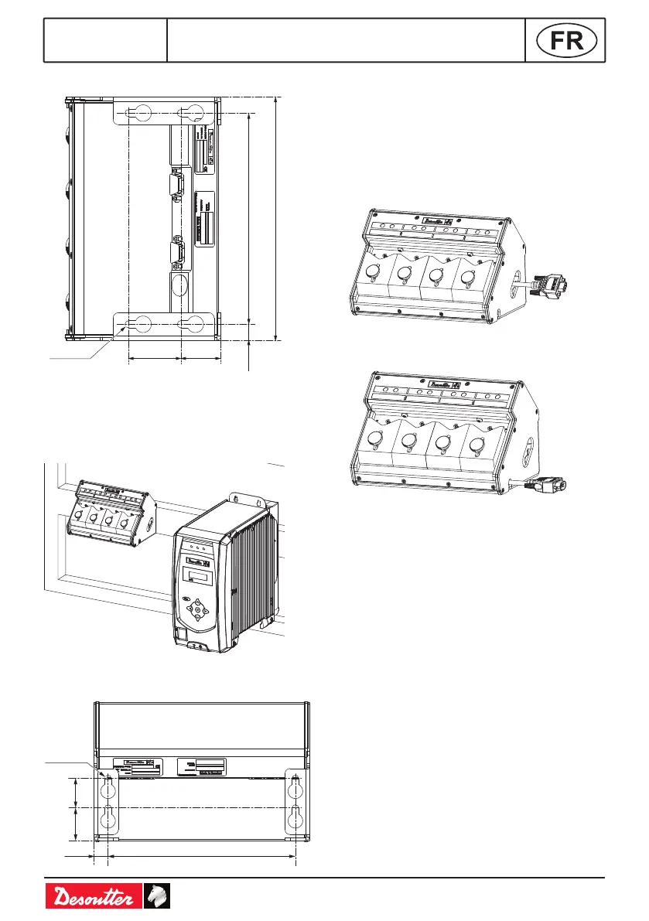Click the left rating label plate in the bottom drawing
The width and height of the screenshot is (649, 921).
pos(137,767)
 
